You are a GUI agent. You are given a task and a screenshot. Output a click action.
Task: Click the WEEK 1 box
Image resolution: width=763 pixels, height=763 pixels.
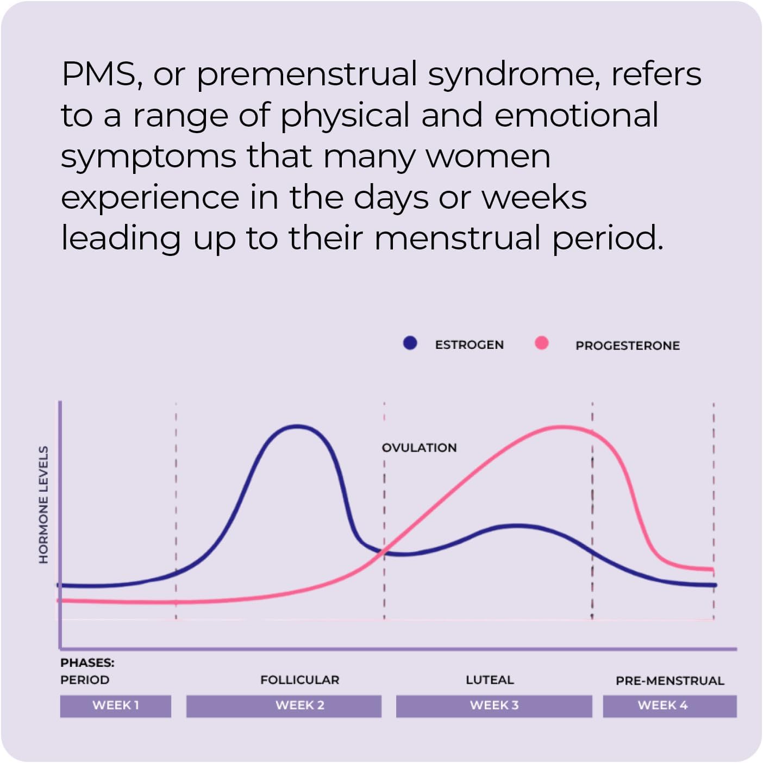tap(115, 705)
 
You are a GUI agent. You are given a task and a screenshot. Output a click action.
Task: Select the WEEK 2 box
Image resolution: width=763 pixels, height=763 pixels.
tap(284, 705)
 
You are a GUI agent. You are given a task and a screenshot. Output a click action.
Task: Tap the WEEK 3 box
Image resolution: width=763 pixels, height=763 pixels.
tap(493, 705)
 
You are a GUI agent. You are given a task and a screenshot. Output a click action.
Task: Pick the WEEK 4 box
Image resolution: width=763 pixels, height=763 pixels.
tap(670, 705)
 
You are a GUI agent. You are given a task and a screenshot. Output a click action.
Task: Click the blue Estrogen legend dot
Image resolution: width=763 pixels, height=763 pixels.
tap(410, 343)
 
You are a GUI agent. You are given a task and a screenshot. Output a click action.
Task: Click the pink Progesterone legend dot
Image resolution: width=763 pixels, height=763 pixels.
tap(541, 343)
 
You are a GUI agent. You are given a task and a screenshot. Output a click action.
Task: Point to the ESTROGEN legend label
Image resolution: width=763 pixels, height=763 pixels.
tap(469, 345)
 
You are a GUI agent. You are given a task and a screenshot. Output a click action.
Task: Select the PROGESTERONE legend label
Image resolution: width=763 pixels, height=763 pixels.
tap(627, 346)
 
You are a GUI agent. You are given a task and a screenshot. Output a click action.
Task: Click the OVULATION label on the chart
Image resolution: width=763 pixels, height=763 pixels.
tap(419, 448)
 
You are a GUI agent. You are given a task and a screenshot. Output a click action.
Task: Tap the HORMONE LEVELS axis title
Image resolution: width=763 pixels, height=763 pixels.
tap(43, 504)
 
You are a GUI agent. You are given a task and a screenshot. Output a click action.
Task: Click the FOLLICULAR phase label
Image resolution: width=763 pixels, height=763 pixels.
tap(299, 680)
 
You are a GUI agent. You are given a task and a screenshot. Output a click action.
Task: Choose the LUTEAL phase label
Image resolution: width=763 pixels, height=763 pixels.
tap(490, 680)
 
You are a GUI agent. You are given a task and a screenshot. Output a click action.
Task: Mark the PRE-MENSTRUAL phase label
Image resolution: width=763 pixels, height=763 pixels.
tap(670, 680)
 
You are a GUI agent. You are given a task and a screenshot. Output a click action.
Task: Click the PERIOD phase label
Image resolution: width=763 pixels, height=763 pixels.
tap(85, 680)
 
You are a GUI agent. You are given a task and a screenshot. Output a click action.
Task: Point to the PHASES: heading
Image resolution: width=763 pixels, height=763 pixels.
tap(87, 662)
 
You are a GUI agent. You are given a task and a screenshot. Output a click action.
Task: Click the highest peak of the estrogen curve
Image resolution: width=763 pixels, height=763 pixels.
tap(297, 427)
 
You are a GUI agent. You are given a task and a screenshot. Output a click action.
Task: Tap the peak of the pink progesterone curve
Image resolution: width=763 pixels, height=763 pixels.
tap(561, 427)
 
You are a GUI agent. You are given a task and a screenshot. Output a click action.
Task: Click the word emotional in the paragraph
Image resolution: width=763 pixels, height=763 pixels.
tap(576, 115)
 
